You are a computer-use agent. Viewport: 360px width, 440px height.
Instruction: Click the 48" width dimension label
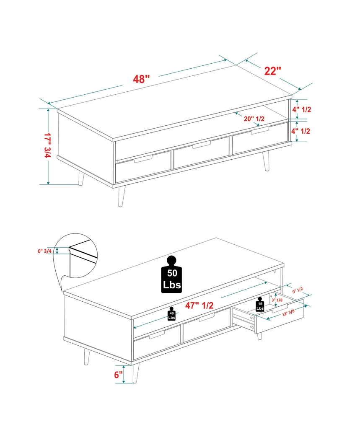pyautogui.click(x=141, y=79)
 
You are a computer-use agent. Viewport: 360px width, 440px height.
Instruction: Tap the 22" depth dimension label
pyautogui.click(x=272, y=70)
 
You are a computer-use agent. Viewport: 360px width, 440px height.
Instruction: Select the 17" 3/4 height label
pyautogui.click(x=47, y=146)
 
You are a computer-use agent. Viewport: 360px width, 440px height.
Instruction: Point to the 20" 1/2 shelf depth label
pyautogui.click(x=254, y=119)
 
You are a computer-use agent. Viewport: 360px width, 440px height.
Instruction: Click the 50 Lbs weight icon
pyautogui.click(x=172, y=275)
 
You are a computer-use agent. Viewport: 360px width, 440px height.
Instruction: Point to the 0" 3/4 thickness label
pyautogui.click(x=45, y=251)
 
